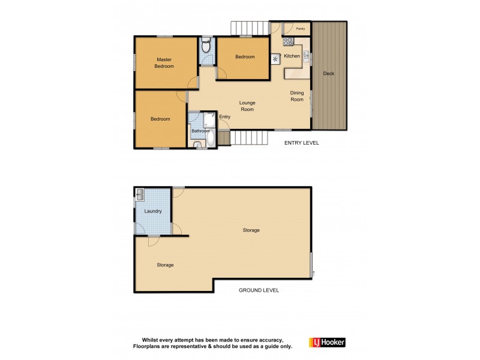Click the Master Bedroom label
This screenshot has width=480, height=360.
coord(164,62)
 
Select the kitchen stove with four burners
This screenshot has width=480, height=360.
coord(287,42)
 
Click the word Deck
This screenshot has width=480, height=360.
coord(328,74)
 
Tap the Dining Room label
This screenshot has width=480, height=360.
coord(298,96)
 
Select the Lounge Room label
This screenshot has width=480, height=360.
coord(247,106)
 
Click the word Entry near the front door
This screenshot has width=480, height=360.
coord(225,116)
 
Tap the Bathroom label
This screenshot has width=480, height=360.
coord(200,131)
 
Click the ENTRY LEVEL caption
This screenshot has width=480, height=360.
coord(302,143)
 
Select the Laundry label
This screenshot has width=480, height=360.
coord(153,211)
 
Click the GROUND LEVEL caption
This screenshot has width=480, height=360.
coord(259,290)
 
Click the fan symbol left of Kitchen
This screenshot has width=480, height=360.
coord(276,58)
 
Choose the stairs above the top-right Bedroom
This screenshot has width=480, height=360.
coord(248,28)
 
